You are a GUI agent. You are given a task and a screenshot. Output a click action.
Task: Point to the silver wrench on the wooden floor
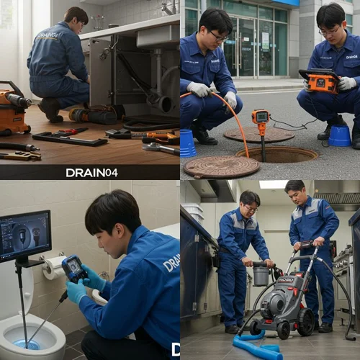[x=160, y=148]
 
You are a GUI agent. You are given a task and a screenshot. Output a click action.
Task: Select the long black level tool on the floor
[x=69, y=138]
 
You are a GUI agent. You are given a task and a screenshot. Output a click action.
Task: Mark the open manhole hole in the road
[x=277, y=154]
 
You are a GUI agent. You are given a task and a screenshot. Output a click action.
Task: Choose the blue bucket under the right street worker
[x=339, y=135]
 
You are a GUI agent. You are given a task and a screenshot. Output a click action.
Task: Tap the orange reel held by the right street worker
[x=320, y=81]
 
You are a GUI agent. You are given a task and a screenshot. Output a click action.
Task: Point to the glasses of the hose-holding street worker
[x=219, y=36]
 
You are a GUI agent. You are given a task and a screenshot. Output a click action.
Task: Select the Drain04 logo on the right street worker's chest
[x=351, y=55]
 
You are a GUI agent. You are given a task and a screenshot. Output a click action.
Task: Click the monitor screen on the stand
[x=25, y=235]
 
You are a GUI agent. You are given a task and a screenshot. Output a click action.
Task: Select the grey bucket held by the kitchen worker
[x=261, y=274]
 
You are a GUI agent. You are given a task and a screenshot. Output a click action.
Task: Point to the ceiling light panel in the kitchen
[x=273, y=184]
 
